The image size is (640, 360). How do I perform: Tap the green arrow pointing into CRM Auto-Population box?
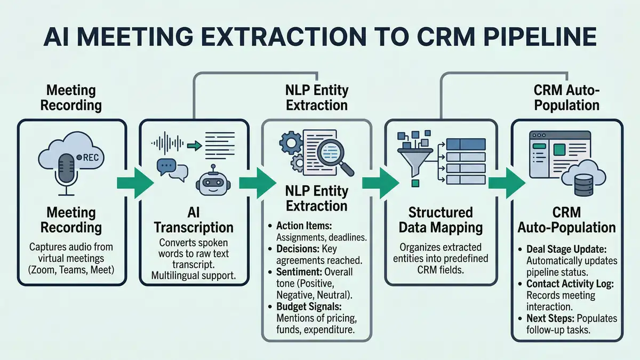[504, 182]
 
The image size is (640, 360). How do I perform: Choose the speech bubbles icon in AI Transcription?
[172, 169]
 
